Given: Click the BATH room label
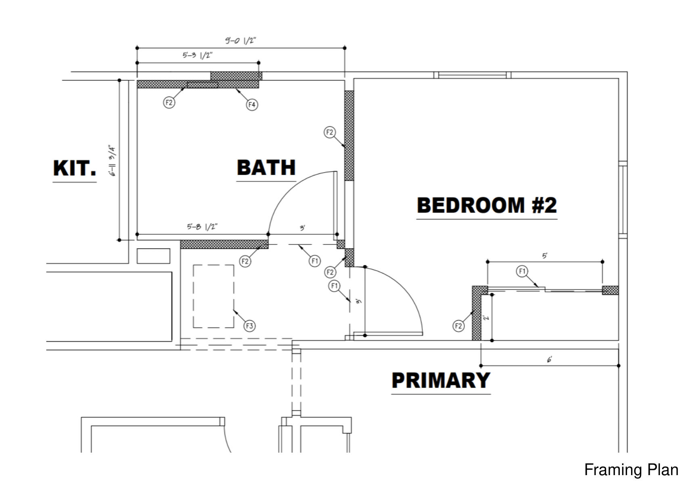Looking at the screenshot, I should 266,168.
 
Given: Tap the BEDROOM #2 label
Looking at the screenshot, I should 487,205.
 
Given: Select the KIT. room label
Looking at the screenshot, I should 75,168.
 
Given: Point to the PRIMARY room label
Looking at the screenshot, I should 441,380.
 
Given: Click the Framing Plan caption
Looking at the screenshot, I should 631,470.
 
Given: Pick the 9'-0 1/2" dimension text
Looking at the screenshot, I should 241,41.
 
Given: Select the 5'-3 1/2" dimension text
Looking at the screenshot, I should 197,55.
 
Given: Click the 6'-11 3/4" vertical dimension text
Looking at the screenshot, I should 113,161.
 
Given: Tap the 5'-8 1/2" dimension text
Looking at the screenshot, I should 202,227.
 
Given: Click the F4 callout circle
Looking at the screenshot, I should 252,105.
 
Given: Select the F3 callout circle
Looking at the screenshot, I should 249,326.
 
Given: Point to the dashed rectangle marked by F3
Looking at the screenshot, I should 213,296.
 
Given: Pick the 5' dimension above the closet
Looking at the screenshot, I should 545,256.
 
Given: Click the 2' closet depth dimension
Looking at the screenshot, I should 487,317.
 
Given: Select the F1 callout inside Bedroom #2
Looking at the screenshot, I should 522,271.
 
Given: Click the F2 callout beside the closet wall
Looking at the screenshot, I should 458,326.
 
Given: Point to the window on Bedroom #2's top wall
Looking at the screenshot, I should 472,75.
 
